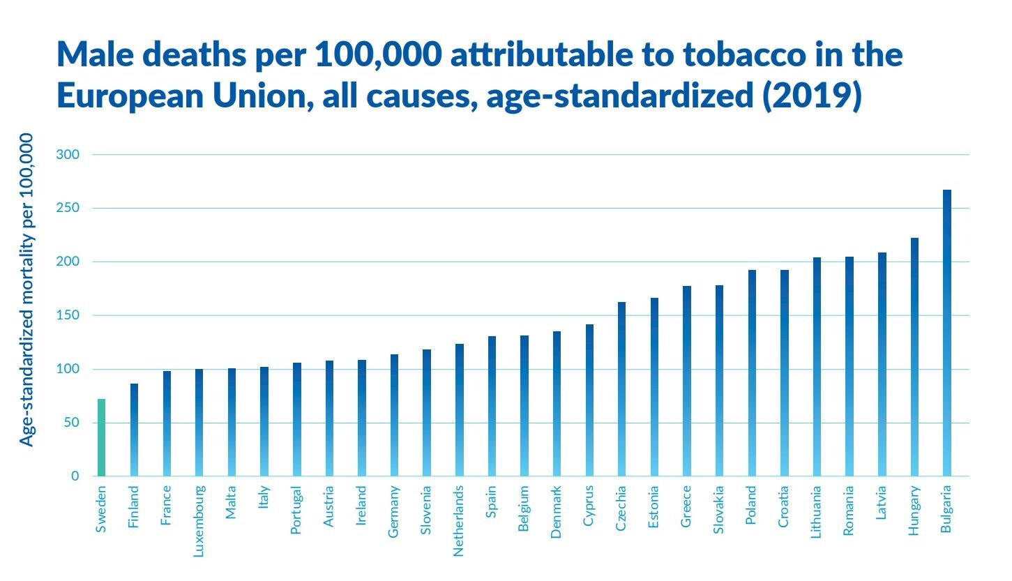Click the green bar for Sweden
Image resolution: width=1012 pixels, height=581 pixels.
coord(101,438)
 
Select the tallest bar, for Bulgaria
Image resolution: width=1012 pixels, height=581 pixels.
coord(946,333)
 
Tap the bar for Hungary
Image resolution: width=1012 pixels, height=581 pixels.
coord(914,357)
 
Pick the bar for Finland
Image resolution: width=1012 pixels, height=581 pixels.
coord(134,430)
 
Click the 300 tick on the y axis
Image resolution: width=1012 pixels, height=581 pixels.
coord(67,154)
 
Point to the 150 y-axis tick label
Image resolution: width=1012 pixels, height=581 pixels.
coord(67,315)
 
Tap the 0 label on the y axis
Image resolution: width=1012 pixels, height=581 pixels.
coord(75,476)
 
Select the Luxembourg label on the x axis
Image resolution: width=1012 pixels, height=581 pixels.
coord(199,521)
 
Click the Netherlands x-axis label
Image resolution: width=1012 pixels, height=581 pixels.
coord(458,521)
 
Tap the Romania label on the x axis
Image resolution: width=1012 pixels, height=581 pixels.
coord(848,511)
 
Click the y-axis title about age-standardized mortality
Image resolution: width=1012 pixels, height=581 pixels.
coord(26,290)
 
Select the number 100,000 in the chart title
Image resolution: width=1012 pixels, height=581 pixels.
coord(378,55)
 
